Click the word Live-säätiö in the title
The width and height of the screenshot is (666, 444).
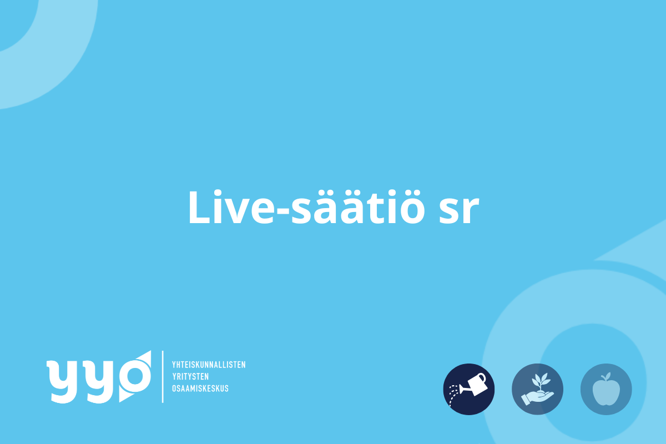[x=306, y=206]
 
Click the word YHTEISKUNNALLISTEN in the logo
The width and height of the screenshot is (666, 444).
[x=209, y=365]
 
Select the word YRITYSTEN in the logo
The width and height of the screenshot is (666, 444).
[x=190, y=376]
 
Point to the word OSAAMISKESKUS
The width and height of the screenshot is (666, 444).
[x=200, y=389]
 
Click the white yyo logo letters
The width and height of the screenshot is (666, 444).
[x=99, y=377]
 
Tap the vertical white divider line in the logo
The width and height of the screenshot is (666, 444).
[x=163, y=377]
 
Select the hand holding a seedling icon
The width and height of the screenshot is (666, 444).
[x=538, y=389]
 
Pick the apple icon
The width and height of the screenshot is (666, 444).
[x=606, y=389]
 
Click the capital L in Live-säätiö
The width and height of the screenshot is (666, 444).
[x=199, y=207]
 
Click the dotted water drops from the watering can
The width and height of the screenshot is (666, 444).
[x=453, y=395]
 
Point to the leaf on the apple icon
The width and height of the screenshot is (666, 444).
[x=608, y=376]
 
